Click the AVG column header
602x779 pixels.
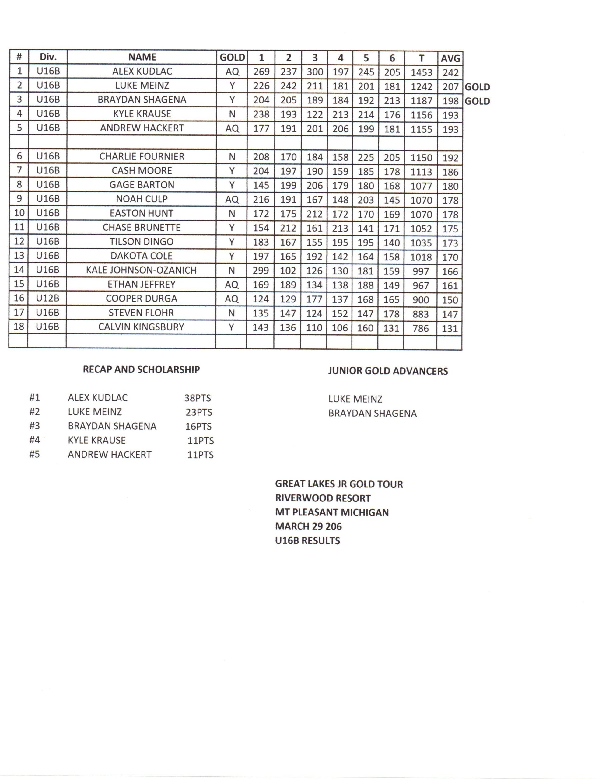click(x=450, y=58)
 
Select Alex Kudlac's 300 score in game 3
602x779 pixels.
click(x=315, y=72)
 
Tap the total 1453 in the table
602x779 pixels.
click(x=421, y=72)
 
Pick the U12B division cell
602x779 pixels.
click(x=48, y=298)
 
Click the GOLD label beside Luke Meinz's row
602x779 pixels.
click(x=477, y=87)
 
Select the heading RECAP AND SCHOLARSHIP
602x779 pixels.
click(x=141, y=369)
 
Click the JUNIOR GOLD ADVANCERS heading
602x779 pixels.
click(x=388, y=371)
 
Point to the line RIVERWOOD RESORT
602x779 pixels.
click(x=323, y=498)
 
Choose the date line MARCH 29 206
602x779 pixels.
click(x=308, y=526)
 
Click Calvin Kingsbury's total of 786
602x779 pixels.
click(x=420, y=328)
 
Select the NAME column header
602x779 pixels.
click(x=142, y=57)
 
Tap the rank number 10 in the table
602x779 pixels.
click(x=19, y=213)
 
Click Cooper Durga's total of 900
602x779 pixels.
click(x=420, y=300)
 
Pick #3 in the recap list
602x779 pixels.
click(x=35, y=426)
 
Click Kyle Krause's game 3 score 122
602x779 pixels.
click(x=314, y=115)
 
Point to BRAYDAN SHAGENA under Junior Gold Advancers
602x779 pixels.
click(x=373, y=414)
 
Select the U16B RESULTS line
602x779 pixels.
click(x=307, y=541)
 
